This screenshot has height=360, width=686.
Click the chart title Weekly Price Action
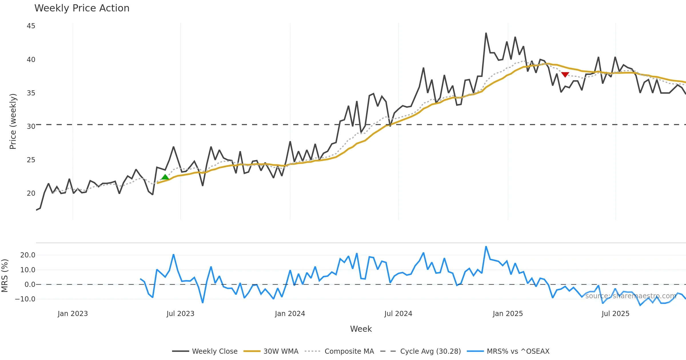click(82, 8)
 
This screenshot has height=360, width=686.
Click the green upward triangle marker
click(165, 177)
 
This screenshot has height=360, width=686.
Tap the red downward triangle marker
click(565, 75)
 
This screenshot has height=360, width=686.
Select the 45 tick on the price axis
click(31, 26)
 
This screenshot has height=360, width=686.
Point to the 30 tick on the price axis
click(31, 126)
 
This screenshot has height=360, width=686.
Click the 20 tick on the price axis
click(31, 193)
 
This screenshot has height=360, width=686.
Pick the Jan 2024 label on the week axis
click(290, 314)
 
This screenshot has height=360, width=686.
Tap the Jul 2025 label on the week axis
click(615, 314)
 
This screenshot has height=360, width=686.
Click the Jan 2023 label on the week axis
click(73, 314)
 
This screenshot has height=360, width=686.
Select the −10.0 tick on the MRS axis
click(25, 299)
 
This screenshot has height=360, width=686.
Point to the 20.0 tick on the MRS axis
click(27, 255)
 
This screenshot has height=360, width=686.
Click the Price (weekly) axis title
click(13, 121)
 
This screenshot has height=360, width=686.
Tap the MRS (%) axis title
click(5, 276)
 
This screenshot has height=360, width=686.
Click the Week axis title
click(361, 329)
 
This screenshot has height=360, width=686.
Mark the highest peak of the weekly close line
click(486, 33)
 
